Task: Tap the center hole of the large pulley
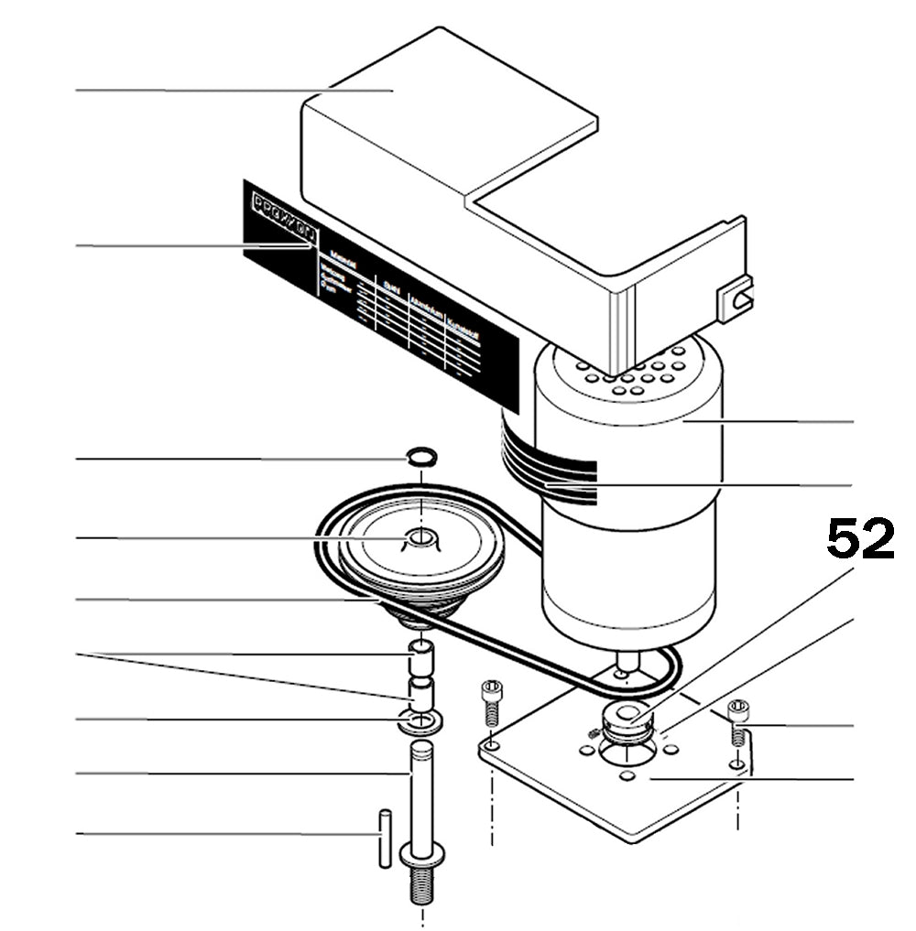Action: [420, 536]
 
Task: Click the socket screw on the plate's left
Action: [493, 703]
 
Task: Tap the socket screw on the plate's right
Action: [738, 720]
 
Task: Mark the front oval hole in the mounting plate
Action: [627, 776]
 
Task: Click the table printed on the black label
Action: [403, 311]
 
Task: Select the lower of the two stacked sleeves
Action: [420, 692]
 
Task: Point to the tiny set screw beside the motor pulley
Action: [594, 731]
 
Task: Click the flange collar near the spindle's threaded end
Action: [422, 855]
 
